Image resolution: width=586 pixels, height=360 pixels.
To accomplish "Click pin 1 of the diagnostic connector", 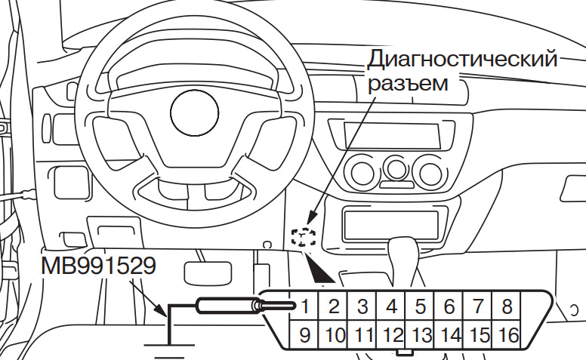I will [306, 307].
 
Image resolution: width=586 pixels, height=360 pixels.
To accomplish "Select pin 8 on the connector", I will [507, 307].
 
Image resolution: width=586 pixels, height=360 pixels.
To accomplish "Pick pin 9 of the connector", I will [306, 334].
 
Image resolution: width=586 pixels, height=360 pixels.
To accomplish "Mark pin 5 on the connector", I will [421, 307].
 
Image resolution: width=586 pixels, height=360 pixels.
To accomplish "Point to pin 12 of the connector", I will [392, 334].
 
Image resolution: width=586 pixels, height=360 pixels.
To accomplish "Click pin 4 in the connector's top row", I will [392, 307].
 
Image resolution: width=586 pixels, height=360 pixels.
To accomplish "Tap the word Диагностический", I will [462, 59].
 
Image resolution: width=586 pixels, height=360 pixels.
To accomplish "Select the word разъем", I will [408, 82].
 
